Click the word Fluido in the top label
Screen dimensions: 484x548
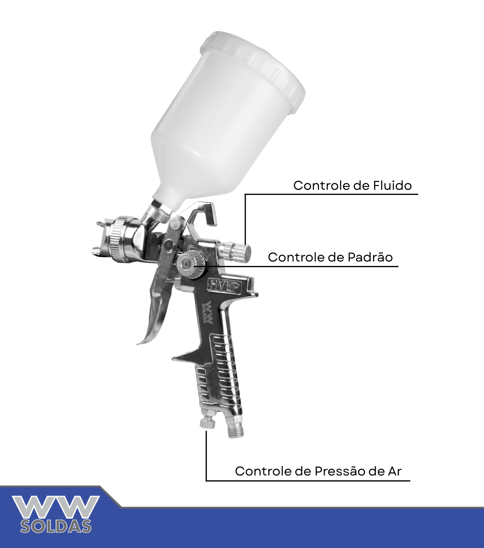[x=392, y=185]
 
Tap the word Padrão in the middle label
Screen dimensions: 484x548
[x=370, y=257]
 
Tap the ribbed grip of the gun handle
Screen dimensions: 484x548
[x=221, y=379]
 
